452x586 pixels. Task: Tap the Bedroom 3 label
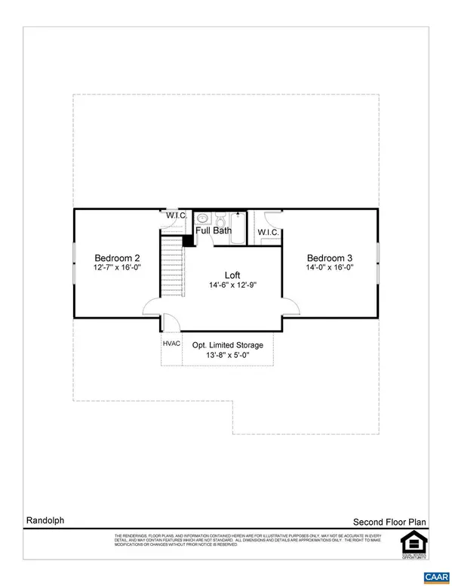(x=331, y=255)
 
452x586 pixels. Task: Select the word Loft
(x=233, y=274)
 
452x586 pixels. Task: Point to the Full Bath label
(x=214, y=230)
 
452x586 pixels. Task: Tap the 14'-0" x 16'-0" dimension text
(x=331, y=267)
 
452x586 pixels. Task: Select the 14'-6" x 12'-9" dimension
(x=233, y=285)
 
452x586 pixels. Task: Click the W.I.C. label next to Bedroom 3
(x=269, y=232)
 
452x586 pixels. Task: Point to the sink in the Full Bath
(x=202, y=219)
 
